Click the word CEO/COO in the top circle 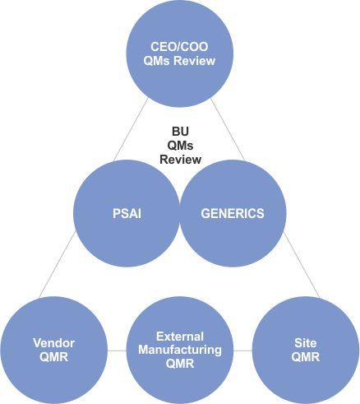179,47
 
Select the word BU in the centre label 180,132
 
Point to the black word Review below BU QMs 181,160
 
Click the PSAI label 127,214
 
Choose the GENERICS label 233,214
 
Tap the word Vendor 54,343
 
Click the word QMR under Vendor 54,357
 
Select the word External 180,337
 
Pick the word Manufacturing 180,351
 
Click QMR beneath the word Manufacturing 180,364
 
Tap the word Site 306,343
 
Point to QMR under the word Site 306,357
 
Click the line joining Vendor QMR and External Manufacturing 117,351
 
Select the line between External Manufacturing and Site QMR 242,351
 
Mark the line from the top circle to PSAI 131,129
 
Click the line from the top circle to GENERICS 228,129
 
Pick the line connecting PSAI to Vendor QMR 57,264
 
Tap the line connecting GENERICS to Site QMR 302,265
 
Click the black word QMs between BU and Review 180,146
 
